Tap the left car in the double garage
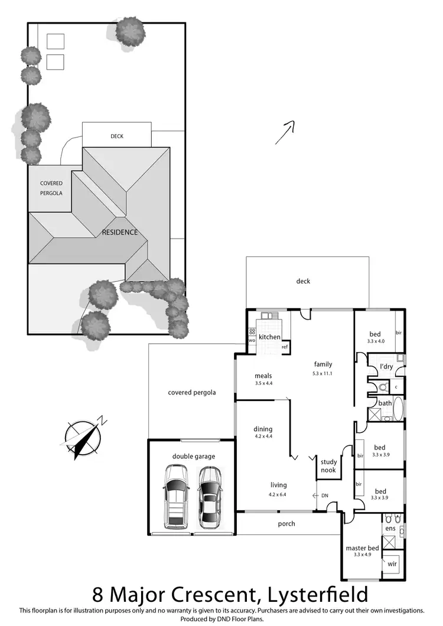pyautogui.click(x=175, y=495)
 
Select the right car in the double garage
pyautogui.click(x=210, y=497)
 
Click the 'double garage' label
pyautogui.click(x=194, y=457)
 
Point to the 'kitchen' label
pyautogui.click(x=269, y=337)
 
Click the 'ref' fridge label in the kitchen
pyautogui.click(x=285, y=347)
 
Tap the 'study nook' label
pyautogui.click(x=328, y=467)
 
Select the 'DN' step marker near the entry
pyautogui.click(x=324, y=495)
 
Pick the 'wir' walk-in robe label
pyautogui.click(x=392, y=564)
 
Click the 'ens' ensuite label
pyautogui.click(x=390, y=529)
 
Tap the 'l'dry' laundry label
pyautogui.click(x=386, y=367)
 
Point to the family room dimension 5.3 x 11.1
pyautogui.click(x=323, y=373)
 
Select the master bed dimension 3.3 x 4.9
pyautogui.click(x=362, y=556)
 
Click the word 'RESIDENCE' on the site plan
pyautogui.click(x=120, y=232)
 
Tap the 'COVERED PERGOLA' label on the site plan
pyautogui.click(x=51, y=188)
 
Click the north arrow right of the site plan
pyautogui.click(x=285, y=133)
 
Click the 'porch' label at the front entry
pyautogui.click(x=286, y=524)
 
